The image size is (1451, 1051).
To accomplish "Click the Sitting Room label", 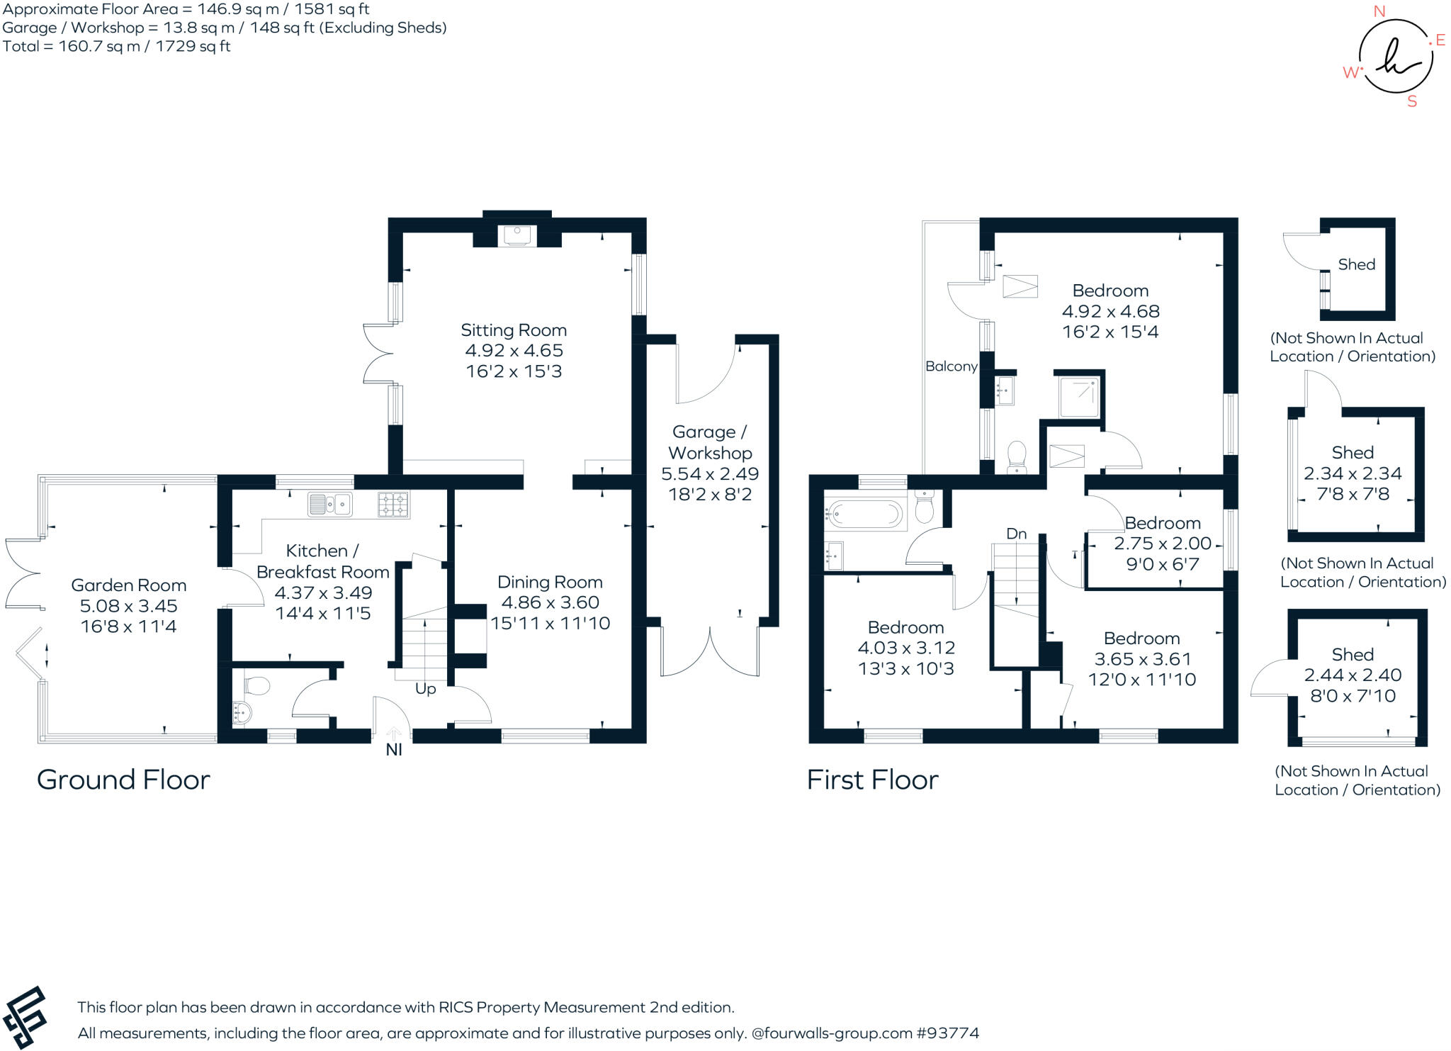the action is coord(514,330).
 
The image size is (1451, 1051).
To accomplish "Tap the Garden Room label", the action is coord(129,585).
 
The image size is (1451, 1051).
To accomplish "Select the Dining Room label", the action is coord(550,583).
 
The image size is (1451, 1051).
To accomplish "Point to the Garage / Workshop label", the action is coord(709,442).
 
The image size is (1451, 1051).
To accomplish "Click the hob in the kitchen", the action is coord(393,505).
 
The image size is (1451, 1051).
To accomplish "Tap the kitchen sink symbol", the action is coord(331,505).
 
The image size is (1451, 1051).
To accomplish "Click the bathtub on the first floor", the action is coord(866,513).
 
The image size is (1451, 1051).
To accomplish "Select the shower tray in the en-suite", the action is coord(1078,398).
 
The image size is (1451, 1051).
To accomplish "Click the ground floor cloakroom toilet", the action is coord(256,686).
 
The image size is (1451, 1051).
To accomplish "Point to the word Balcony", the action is coord(952,366).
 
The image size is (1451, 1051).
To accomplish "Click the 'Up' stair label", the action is coord(425,689).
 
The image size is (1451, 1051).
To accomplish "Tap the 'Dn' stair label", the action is coord(1017,534).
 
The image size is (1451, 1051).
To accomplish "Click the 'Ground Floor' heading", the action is coord(123,780).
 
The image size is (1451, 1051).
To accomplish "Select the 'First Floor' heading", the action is coord(872,780).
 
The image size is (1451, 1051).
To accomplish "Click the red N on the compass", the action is coord(1379,11).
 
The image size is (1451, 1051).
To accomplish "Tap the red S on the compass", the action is coord(1412,101).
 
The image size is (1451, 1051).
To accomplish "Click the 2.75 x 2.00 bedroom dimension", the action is coord(1163,544).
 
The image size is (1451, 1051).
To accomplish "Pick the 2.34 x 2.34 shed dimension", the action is coord(1353,473).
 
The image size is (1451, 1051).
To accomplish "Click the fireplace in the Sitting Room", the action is coord(517,235).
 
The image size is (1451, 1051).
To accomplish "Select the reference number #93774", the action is coord(948,1033).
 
